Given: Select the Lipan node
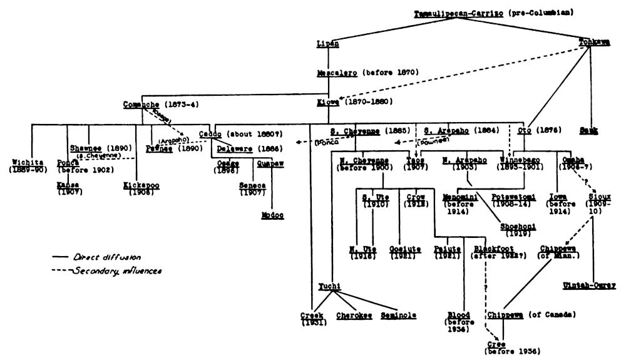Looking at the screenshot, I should tap(327, 44).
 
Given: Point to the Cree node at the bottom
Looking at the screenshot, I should tap(497, 345).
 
